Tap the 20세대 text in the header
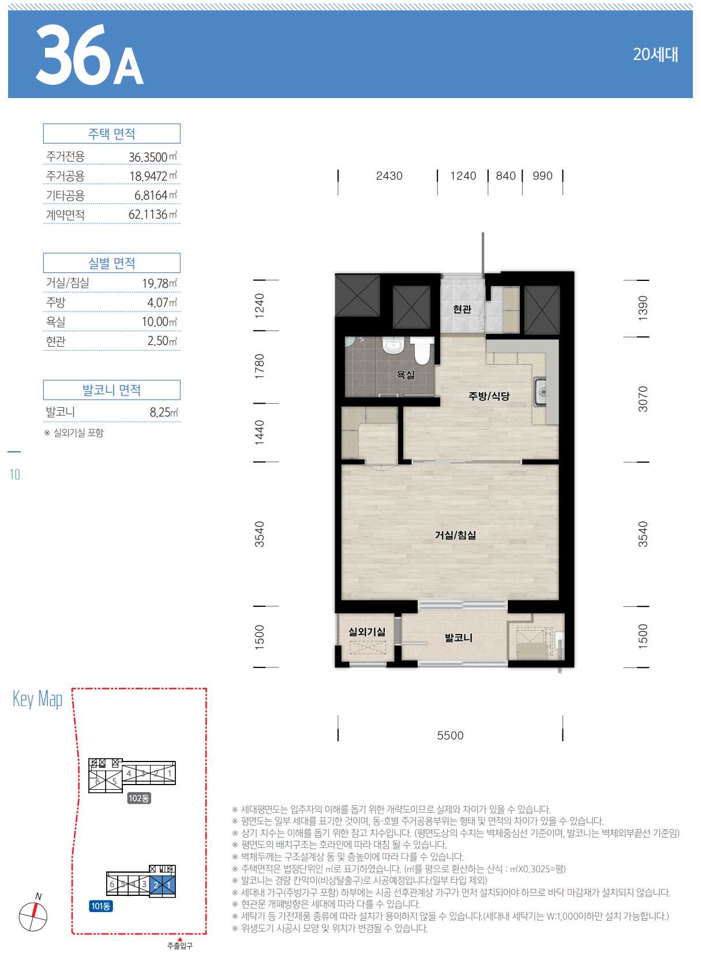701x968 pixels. [655, 54]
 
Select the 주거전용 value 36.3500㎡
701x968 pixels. [153, 156]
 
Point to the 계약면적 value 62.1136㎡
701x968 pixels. [152, 215]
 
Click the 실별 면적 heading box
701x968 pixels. [111, 262]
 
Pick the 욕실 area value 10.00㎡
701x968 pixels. [159, 321]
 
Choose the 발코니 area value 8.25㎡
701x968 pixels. [164, 412]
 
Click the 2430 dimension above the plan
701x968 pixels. [389, 176]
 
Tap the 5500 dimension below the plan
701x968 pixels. [450, 736]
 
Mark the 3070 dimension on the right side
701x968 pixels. [643, 399]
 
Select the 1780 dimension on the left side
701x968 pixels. [259, 366]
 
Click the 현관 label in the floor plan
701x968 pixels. [462, 309]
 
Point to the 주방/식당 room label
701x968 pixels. [489, 396]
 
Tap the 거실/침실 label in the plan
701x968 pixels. [456, 535]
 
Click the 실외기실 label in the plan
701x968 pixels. [367, 632]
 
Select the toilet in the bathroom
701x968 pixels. [422, 351]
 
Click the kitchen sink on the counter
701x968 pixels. [540, 392]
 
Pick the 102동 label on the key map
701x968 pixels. [138, 798]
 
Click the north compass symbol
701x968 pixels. [33, 917]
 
